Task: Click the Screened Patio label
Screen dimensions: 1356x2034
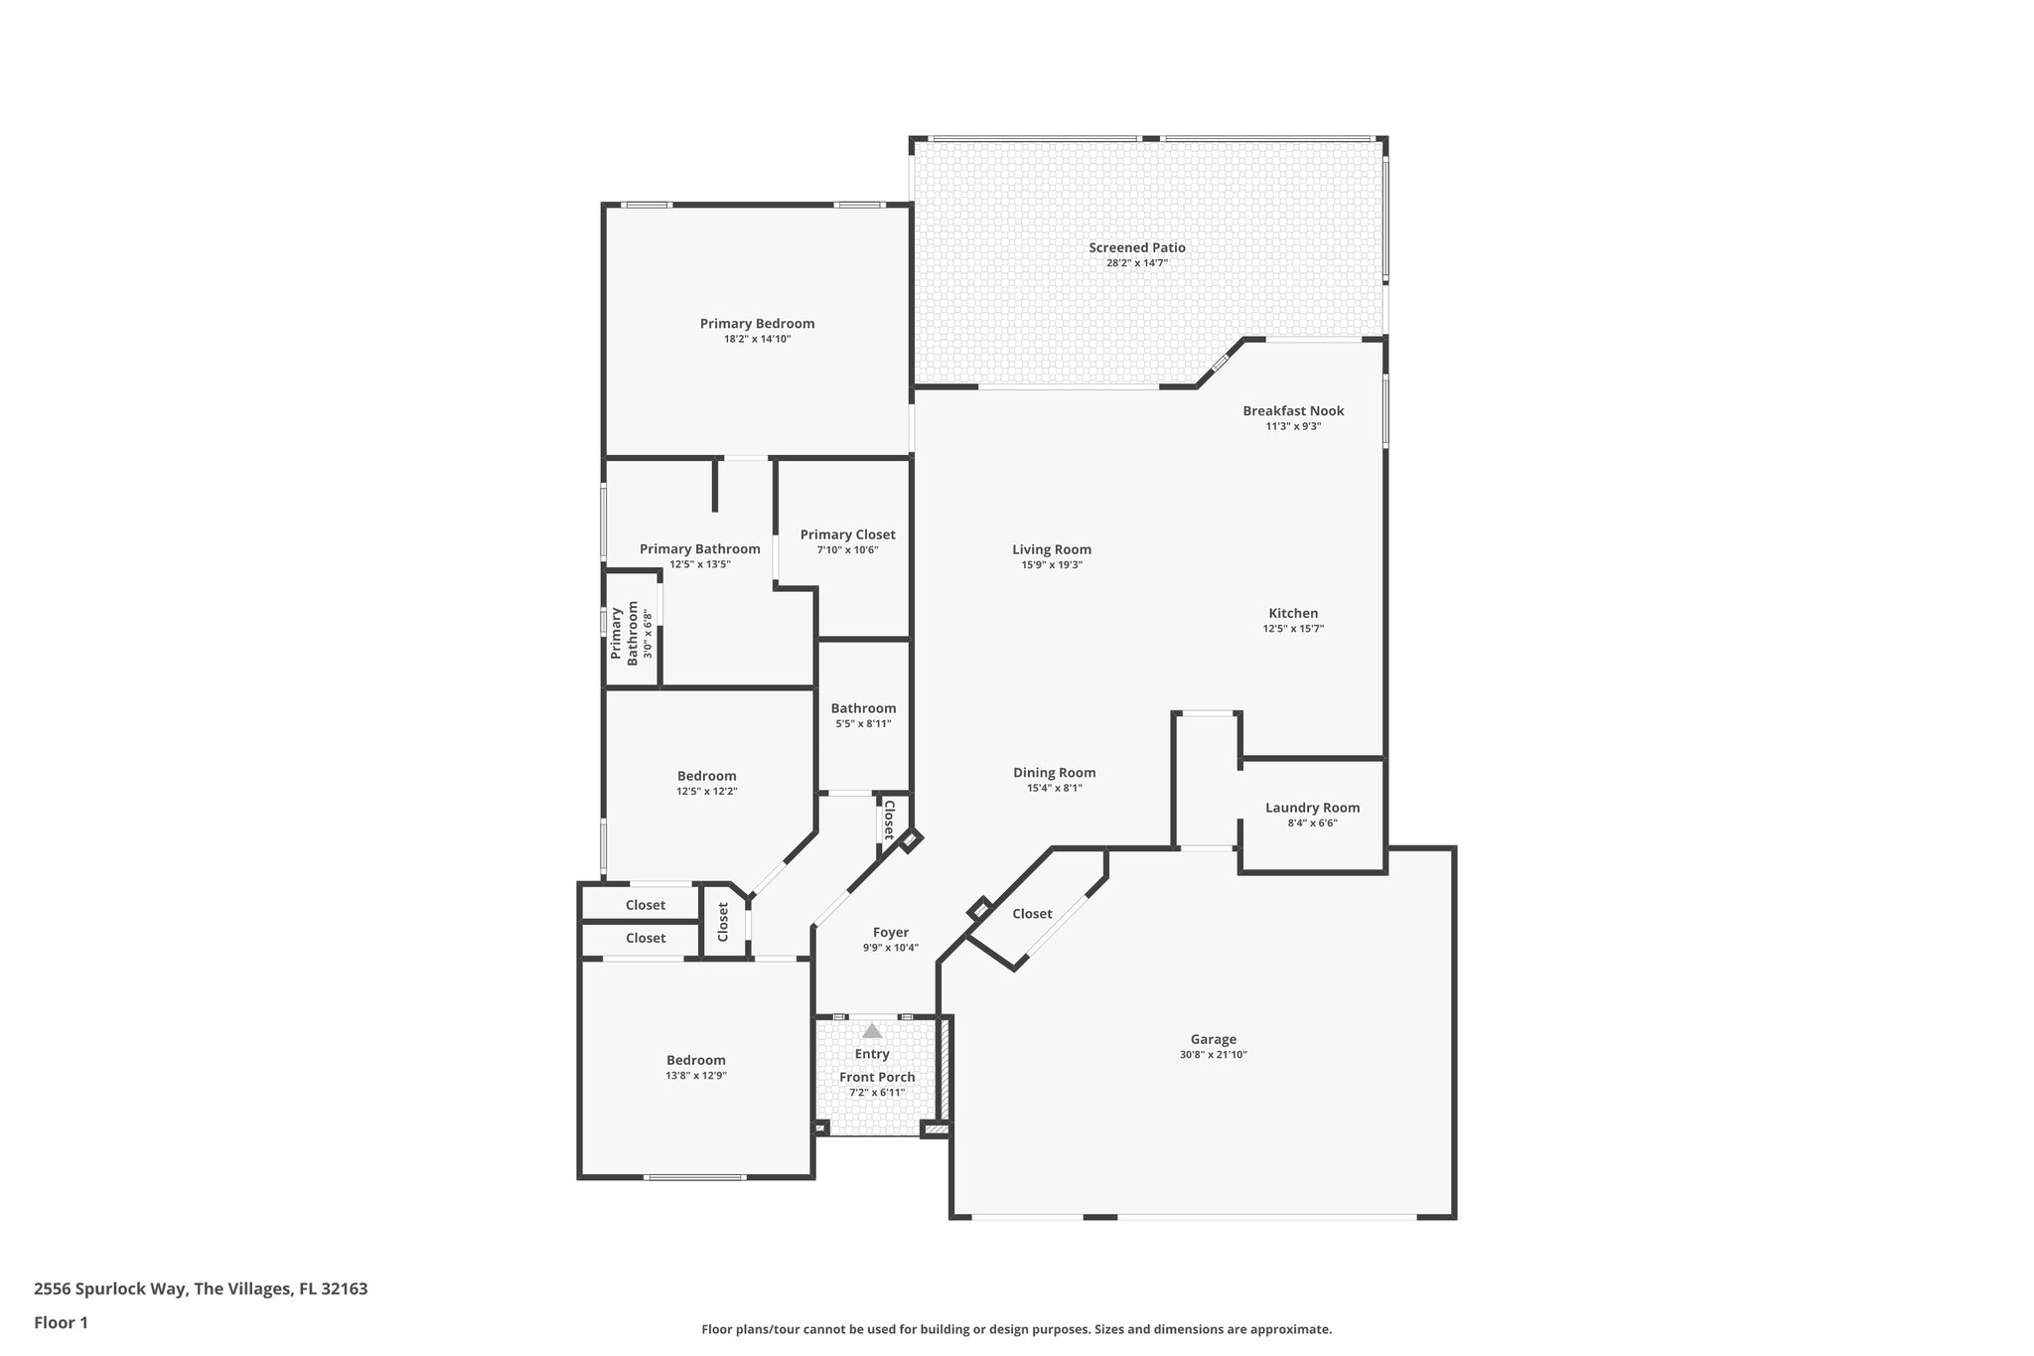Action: point(1136,248)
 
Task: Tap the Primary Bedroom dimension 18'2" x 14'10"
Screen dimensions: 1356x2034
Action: point(757,339)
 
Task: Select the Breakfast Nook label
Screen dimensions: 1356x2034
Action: point(1293,411)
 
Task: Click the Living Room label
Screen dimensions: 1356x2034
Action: point(1052,549)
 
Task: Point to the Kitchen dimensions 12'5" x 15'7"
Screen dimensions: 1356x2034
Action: point(1293,629)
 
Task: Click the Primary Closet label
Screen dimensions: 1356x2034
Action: point(847,534)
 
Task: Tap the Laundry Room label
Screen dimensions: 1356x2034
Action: point(1312,808)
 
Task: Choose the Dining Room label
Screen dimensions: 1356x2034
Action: point(1054,773)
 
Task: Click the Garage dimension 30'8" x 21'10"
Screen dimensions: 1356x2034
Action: point(1213,1055)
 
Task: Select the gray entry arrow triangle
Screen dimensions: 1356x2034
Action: point(872,1031)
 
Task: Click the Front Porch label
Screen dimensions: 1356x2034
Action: point(877,1077)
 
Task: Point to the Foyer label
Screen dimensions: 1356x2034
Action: point(890,933)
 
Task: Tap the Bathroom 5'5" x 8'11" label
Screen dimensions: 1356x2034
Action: point(863,708)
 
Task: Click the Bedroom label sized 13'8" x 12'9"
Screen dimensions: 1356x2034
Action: point(695,1060)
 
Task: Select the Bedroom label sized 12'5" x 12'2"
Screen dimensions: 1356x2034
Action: point(706,776)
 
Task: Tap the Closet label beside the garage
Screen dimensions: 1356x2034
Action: point(1032,914)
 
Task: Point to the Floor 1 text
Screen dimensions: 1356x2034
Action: point(61,1322)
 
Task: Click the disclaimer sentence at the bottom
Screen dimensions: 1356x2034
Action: point(1016,1329)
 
